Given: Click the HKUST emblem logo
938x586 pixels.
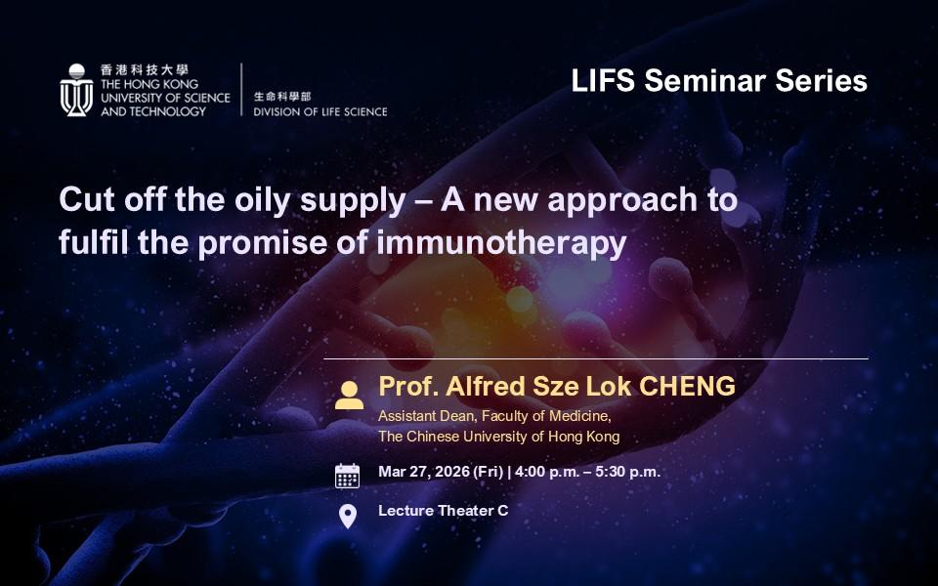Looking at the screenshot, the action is point(76,90).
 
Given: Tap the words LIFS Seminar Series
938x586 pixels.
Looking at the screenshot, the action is point(719,81).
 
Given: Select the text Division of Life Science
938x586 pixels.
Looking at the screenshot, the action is point(320,111).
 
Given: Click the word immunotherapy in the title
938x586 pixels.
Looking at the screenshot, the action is point(501,243).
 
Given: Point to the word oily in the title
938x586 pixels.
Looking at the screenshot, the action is point(262,199).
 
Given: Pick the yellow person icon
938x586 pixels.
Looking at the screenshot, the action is point(350,396).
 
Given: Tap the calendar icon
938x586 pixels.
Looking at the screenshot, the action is point(347,476).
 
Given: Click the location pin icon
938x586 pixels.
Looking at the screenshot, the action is point(348,517).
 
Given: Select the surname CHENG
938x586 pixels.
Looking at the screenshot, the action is point(687,387).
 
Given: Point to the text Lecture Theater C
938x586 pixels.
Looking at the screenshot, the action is point(444,511).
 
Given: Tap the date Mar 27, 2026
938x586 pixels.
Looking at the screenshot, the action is point(424,472).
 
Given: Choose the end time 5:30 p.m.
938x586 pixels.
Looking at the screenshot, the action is point(627,472).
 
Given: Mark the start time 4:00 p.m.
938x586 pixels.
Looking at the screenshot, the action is point(547,472).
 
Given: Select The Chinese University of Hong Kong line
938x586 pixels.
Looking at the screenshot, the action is point(499,437).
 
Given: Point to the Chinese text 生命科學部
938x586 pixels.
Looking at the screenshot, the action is point(282,97).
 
